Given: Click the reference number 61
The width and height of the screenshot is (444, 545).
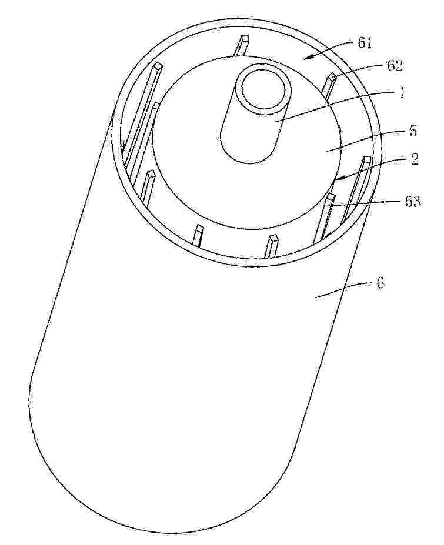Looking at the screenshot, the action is pos(365,44).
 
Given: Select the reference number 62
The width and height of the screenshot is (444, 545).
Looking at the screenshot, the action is pos(394,65).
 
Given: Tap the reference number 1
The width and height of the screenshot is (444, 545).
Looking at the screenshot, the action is pos(402,93).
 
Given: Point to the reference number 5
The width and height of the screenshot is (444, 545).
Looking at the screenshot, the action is pos(413,131).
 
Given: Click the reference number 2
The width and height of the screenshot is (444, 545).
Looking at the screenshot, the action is pos(414,159).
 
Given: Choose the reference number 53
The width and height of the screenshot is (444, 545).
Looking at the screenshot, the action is pos(412,202).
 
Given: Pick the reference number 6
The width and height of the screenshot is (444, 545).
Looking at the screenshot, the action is pos(380,283).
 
